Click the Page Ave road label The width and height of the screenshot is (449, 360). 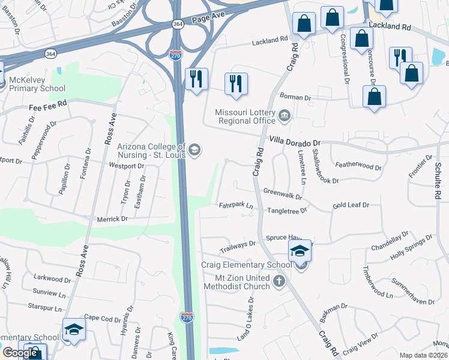click(207, 19)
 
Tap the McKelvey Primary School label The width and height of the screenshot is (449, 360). click(36, 84)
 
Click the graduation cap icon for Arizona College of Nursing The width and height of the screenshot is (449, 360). click(194, 149)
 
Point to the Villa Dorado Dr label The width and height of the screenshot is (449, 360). click(296, 141)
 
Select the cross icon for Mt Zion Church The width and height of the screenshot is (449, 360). click(278, 281)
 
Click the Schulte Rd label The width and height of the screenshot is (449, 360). click(438, 181)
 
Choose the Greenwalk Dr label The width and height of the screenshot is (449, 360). click(282, 193)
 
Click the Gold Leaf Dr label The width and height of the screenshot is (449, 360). click(351, 205)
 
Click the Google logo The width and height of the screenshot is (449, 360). click(20, 352)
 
